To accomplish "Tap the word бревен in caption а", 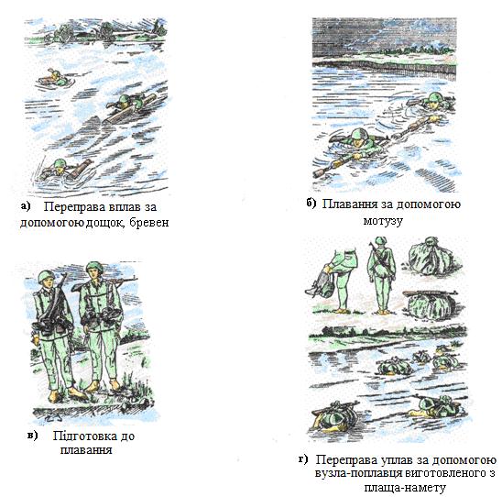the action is (x=149, y=222).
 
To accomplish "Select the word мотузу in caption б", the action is (x=383, y=220).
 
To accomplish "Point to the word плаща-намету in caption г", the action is (x=405, y=488).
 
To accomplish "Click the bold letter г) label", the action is (x=303, y=459).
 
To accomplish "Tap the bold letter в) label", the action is (x=33, y=436).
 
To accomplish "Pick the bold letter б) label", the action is (x=311, y=204).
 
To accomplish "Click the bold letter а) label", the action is (x=26, y=206).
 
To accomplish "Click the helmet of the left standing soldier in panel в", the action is (x=46, y=276).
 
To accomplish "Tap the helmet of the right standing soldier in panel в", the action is (x=94, y=267).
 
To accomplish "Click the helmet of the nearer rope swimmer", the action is (x=359, y=133).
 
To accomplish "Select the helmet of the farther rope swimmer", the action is (x=434, y=97).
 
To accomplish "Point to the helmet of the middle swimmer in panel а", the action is (x=124, y=99).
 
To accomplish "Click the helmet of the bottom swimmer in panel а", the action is (x=59, y=163).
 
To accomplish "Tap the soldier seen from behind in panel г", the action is (x=381, y=275).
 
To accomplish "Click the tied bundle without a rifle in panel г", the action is (x=431, y=257).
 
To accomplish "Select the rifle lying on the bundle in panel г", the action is (x=430, y=293).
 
